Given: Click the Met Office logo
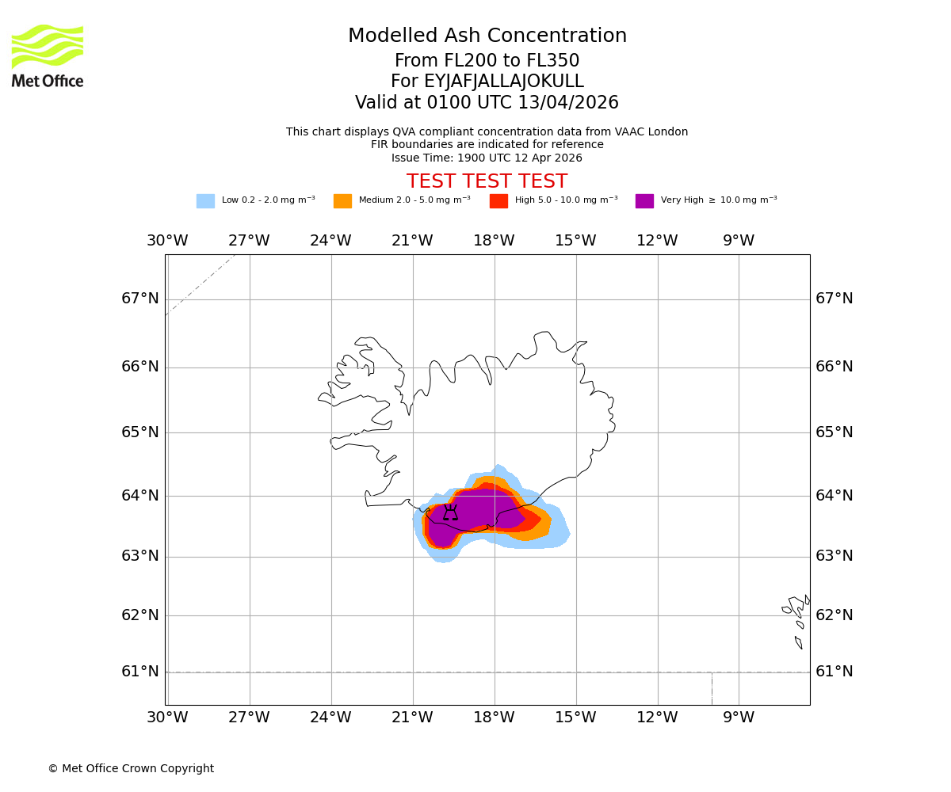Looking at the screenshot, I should (48, 55).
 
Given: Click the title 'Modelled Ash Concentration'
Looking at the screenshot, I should (487, 36).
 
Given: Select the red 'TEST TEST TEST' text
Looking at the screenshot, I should (487, 182).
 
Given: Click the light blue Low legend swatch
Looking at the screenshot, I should (205, 201).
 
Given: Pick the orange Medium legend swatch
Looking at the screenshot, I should (342, 201).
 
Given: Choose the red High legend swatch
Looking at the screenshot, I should (498, 201).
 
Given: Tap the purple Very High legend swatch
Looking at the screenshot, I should (644, 201).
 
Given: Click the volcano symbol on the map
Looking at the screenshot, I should (450, 512).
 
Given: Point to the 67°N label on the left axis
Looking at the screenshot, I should (140, 299).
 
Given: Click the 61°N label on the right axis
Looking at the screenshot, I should (835, 672).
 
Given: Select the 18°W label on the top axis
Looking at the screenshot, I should (494, 241).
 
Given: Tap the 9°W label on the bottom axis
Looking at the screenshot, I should (739, 718).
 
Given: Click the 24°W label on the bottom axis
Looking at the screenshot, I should (330, 718).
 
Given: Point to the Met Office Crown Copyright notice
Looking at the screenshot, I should (131, 769).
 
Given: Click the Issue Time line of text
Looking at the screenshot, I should (487, 158).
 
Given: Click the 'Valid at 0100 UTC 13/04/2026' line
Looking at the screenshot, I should (487, 103).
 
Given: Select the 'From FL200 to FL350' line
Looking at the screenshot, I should (487, 61).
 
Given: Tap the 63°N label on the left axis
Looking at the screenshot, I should (140, 556).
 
